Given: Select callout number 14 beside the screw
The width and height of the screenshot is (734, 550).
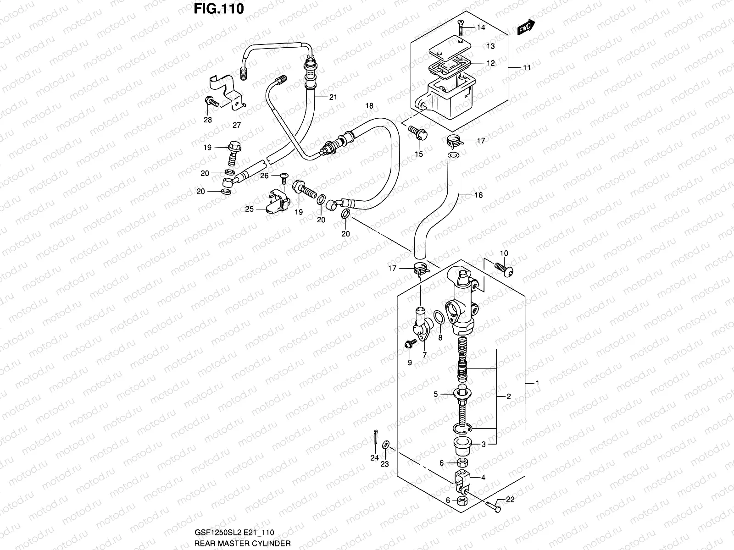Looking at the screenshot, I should coord(480,27).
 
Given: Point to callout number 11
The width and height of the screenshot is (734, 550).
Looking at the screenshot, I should coord(526,67).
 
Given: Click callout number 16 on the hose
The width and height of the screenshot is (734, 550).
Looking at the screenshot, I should coord(478,195).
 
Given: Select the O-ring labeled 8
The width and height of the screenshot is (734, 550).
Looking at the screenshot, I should coord(439,317).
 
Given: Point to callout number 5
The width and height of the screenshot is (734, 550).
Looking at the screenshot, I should coord(436,394).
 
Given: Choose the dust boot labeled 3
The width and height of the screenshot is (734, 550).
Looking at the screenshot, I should coord(463,444).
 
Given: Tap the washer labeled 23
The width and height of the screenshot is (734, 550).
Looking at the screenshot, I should coord(386,444).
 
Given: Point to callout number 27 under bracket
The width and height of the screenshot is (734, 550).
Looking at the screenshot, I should coord(237,125).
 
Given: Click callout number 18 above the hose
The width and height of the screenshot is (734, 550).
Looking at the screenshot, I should coord(369,106).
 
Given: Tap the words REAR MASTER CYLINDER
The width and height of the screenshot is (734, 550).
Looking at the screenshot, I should coord(242,543).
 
